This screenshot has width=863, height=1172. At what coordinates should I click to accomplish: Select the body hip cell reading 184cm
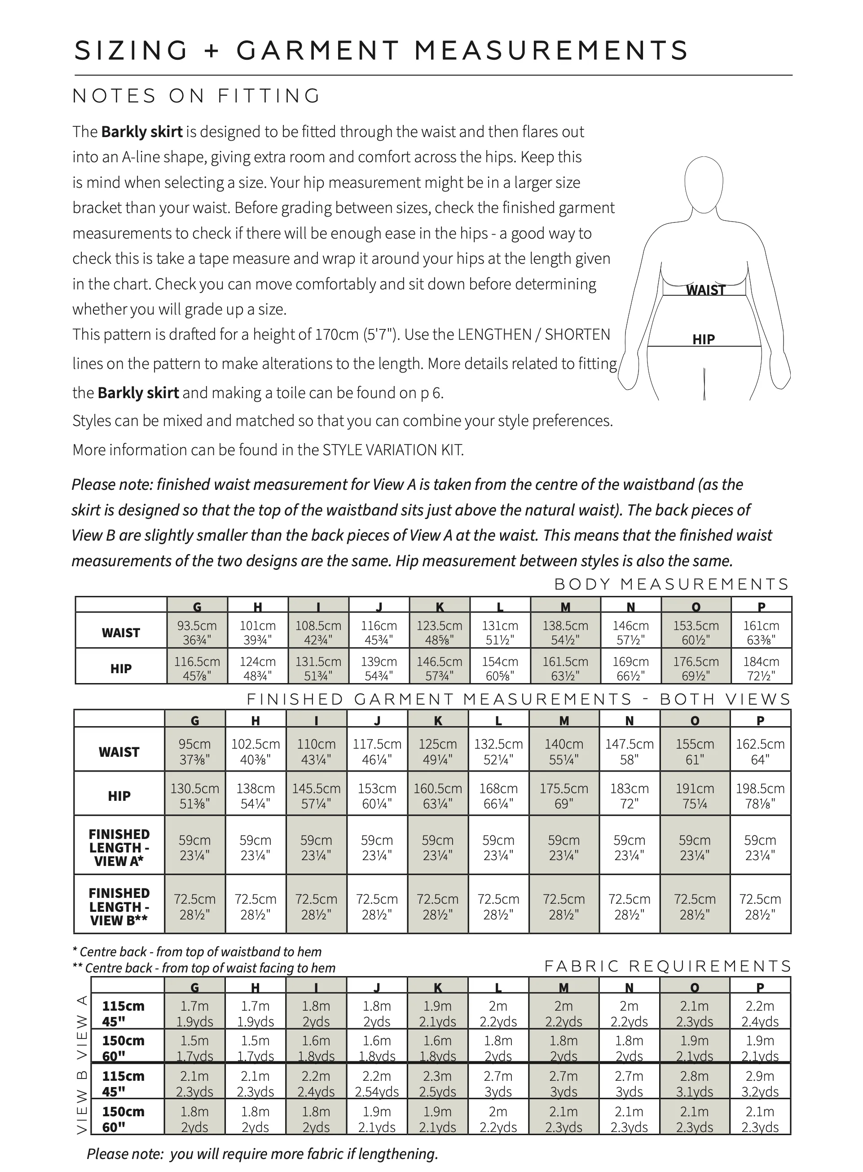[761, 668]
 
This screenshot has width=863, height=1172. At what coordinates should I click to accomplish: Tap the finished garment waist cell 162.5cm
[760, 751]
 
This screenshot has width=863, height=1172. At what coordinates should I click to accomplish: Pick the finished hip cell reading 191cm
[694, 795]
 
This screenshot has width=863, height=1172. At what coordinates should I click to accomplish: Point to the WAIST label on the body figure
[706, 290]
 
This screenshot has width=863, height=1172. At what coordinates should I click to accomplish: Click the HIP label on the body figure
[703, 339]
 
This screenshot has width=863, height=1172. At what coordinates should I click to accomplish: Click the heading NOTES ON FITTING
[196, 96]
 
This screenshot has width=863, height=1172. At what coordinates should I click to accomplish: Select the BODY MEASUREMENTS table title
[671, 584]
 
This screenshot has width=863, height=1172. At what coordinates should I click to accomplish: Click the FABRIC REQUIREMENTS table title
[668, 966]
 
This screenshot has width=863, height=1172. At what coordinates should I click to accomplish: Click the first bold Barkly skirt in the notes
[141, 132]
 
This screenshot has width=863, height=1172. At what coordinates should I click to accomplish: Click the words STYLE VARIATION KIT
[392, 449]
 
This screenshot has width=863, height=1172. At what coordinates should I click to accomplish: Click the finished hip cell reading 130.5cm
[195, 795]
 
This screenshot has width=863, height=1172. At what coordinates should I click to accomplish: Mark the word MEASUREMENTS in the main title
[551, 51]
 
